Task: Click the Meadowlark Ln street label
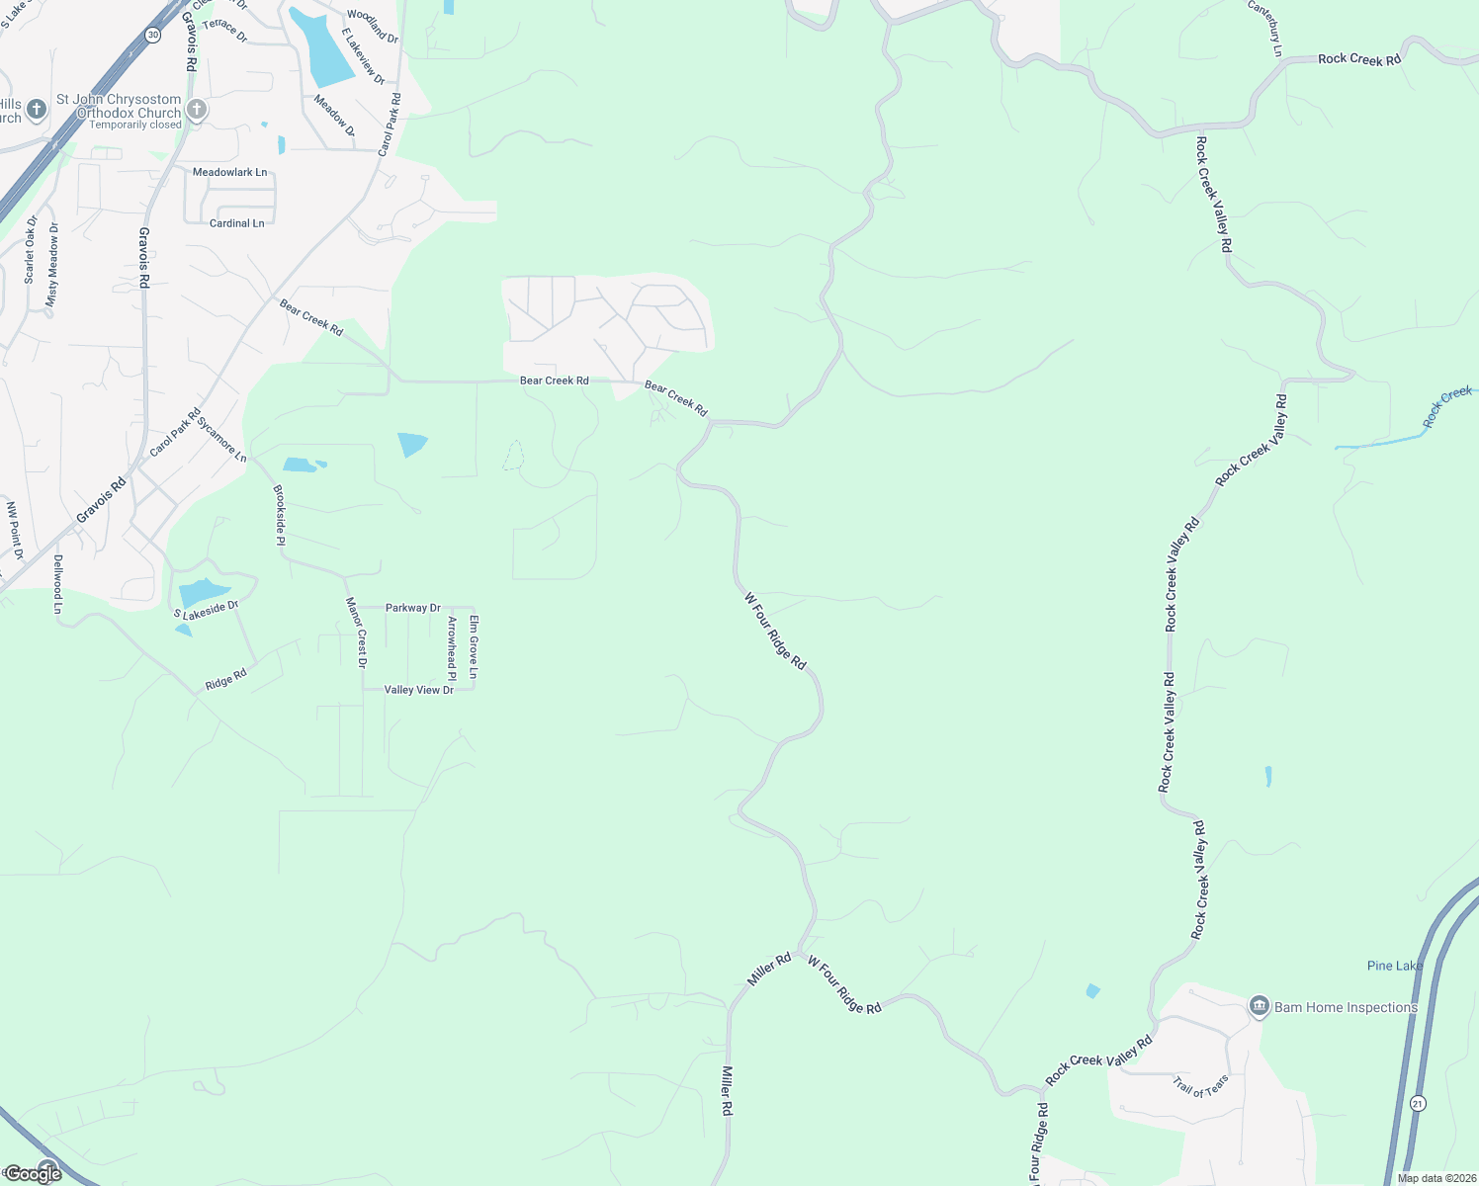pyautogui.click(x=229, y=172)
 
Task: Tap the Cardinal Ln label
pyautogui.click(x=237, y=223)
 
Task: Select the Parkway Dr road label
pyautogui.click(x=413, y=608)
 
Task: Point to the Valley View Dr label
pyautogui.click(x=419, y=690)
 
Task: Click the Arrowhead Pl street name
pyautogui.click(x=452, y=648)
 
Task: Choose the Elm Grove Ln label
pyautogui.click(x=474, y=646)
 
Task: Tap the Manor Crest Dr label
pyautogui.click(x=356, y=633)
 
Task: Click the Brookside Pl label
pyautogui.click(x=279, y=515)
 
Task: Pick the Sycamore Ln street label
pyautogui.click(x=221, y=440)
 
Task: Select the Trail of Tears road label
pyautogui.click(x=1201, y=1086)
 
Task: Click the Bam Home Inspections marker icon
pyautogui.click(x=1259, y=1007)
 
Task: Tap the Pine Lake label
pyautogui.click(x=1395, y=966)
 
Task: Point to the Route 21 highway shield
pyautogui.click(x=1418, y=1103)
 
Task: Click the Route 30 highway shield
pyautogui.click(x=151, y=35)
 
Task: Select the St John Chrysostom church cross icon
pyautogui.click(x=197, y=110)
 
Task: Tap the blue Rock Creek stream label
pyautogui.click(x=1447, y=407)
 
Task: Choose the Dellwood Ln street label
pyautogui.click(x=57, y=584)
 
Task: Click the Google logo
pyautogui.click(x=33, y=1174)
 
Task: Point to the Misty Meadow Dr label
pyautogui.click(x=53, y=264)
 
